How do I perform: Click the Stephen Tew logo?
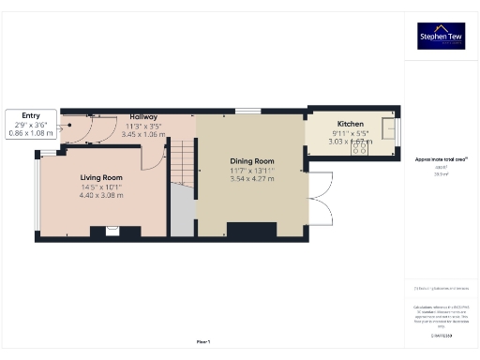[x=441, y=36]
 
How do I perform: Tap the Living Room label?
[x=100, y=176]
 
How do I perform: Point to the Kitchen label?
[x=351, y=124]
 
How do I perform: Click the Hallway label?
[x=142, y=116]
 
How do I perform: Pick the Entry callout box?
[x=33, y=124]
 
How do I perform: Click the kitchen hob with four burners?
[x=360, y=147]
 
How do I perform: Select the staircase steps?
[x=184, y=160]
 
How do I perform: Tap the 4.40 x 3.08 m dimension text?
[x=100, y=194]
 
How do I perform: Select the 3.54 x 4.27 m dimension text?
[x=252, y=178]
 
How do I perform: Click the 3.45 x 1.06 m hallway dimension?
[x=142, y=134]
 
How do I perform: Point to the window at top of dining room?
[x=247, y=112]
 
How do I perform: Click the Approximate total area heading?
[x=442, y=159]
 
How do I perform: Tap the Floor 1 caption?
[x=203, y=341]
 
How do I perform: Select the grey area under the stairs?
[x=182, y=211]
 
